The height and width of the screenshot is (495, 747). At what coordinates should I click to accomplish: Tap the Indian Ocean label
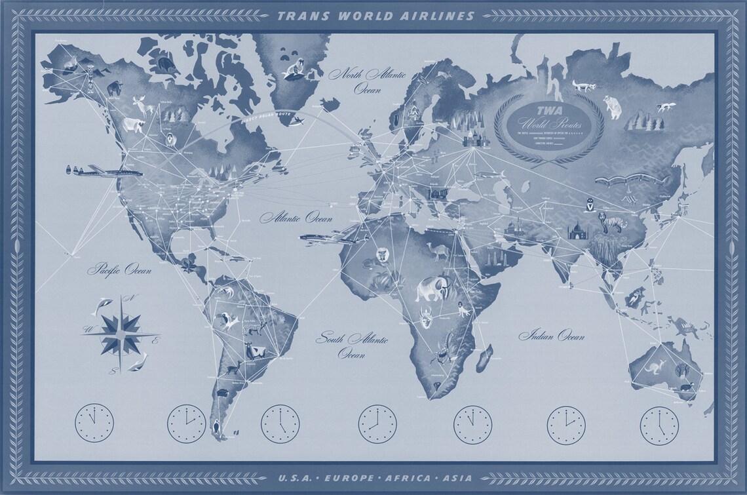(551, 336)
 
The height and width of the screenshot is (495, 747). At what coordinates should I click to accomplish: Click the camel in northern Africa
(435, 251)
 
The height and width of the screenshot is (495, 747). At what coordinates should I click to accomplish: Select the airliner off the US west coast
(94, 172)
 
